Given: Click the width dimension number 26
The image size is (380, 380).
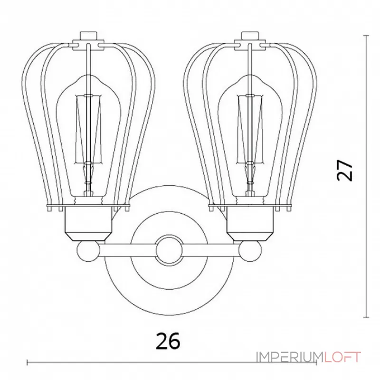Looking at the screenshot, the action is tap(168, 341).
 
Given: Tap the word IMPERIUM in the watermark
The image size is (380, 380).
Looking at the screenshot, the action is tap(290, 357).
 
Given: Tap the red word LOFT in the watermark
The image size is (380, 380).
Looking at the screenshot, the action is tap(342, 357).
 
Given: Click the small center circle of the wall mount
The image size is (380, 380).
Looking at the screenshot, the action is tap(169, 250).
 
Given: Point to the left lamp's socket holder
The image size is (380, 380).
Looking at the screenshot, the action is tap(88, 223).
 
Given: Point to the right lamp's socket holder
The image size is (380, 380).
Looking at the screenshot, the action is tap(251, 223).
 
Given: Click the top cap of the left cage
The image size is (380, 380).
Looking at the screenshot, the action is tap(88, 40).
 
